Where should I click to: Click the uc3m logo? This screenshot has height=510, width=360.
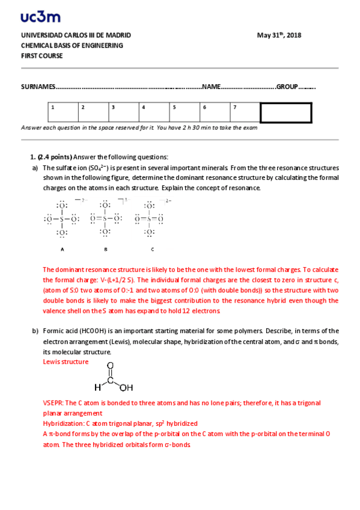coord(40,17)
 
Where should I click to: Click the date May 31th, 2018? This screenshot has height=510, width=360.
coord(279,35)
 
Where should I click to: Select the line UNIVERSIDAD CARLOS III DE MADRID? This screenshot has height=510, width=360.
coord(76,35)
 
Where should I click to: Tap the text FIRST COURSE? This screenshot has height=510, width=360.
coord(41,56)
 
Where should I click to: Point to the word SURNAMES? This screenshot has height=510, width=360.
coord(38,87)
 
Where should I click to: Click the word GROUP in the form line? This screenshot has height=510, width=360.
coord(287,87)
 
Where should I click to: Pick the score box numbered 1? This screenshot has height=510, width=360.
coord(63,112)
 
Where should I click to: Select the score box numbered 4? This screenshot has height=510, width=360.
coord(154,112)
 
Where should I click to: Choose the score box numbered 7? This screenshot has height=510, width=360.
coord(245,112)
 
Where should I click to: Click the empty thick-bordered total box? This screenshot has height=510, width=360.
coord(285,112)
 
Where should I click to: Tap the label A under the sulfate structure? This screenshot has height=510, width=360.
coord(62,248)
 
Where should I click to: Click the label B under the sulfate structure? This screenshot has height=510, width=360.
coord(106,248)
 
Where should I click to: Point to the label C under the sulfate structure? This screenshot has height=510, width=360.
coord(152,248)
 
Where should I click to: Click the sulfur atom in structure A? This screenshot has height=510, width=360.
coord(61,219)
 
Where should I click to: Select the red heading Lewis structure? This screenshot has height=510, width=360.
coord(66,361)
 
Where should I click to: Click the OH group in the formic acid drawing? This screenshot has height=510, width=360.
coord(126,387)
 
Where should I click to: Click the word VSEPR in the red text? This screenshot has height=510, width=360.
coord(52,403)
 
